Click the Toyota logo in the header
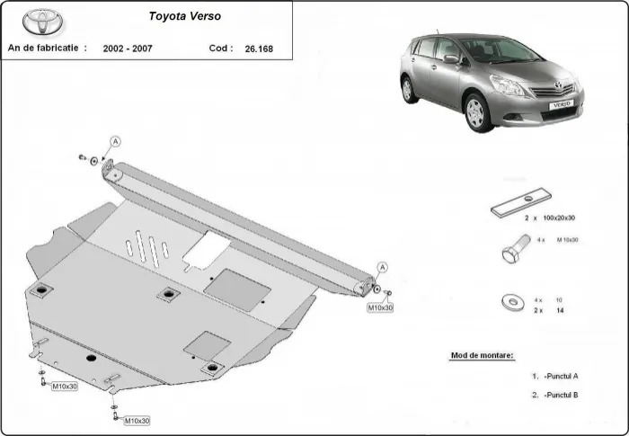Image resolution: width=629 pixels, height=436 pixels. coord(39,22)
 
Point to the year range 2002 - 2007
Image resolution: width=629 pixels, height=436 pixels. coord(128,49)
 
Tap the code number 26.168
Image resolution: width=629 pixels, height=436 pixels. coord(261,49)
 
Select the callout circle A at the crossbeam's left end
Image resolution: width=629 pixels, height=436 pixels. coord(115,141)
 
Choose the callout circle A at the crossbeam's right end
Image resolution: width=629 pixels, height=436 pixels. coord(382,267)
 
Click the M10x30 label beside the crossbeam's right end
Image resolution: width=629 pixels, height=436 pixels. coord(380,307)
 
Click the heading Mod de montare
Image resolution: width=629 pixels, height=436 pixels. coord(482,356)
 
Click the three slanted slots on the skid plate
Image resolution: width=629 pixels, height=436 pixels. coord(150,248)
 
